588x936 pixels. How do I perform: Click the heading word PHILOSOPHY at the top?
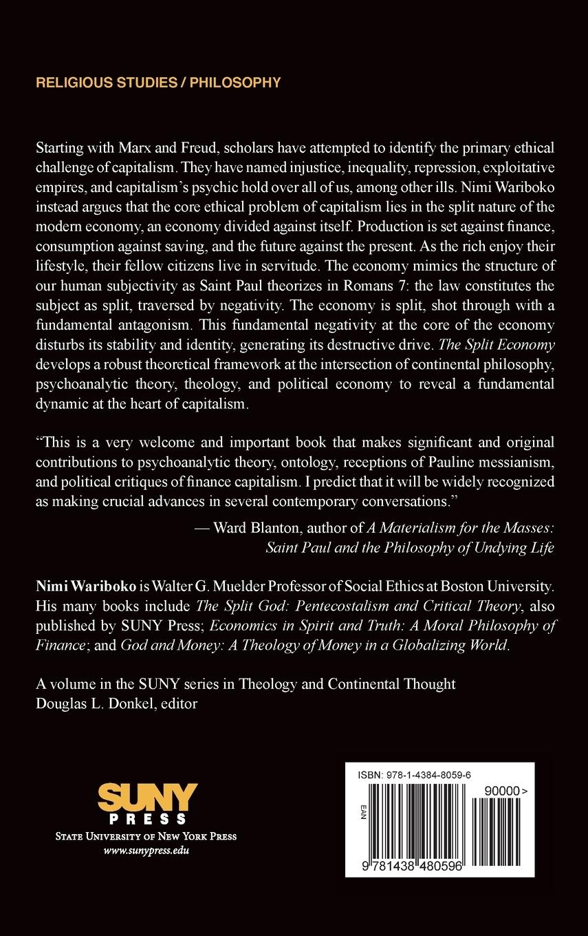(x=235, y=83)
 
